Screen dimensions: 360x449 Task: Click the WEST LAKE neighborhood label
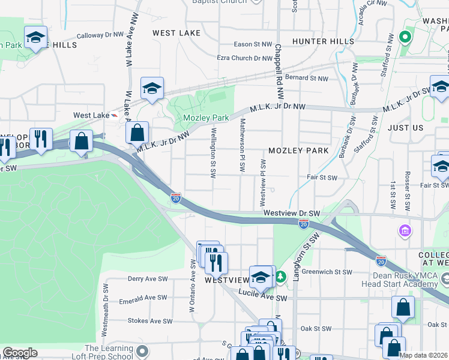pyautogui.click(x=175, y=33)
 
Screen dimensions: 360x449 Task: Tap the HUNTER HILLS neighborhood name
pyautogui.click(x=319, y=41)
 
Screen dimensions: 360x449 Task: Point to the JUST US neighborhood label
pyautogui.click(x=405, y=128)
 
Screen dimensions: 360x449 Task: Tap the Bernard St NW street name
pyautogui.click(x=306, y=78)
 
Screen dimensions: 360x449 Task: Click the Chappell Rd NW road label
pyautogui.click(x=279, y=71)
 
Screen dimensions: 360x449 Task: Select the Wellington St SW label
pyautogui.click(x=213, y=153)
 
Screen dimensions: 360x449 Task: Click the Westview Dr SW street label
pyautogui.click(x=292, y=213)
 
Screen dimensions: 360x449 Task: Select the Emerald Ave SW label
pyautogui.click(x=143, y=298)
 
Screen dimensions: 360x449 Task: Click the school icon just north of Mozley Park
pyautogui.click(x=152, y=89)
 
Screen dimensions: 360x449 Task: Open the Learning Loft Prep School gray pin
pyautogui.click(x=142, y=350)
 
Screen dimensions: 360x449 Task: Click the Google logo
pyautogui.click(x=20, y=353)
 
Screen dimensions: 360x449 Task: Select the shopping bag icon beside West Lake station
pyautogui.click(x=137, y=132)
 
